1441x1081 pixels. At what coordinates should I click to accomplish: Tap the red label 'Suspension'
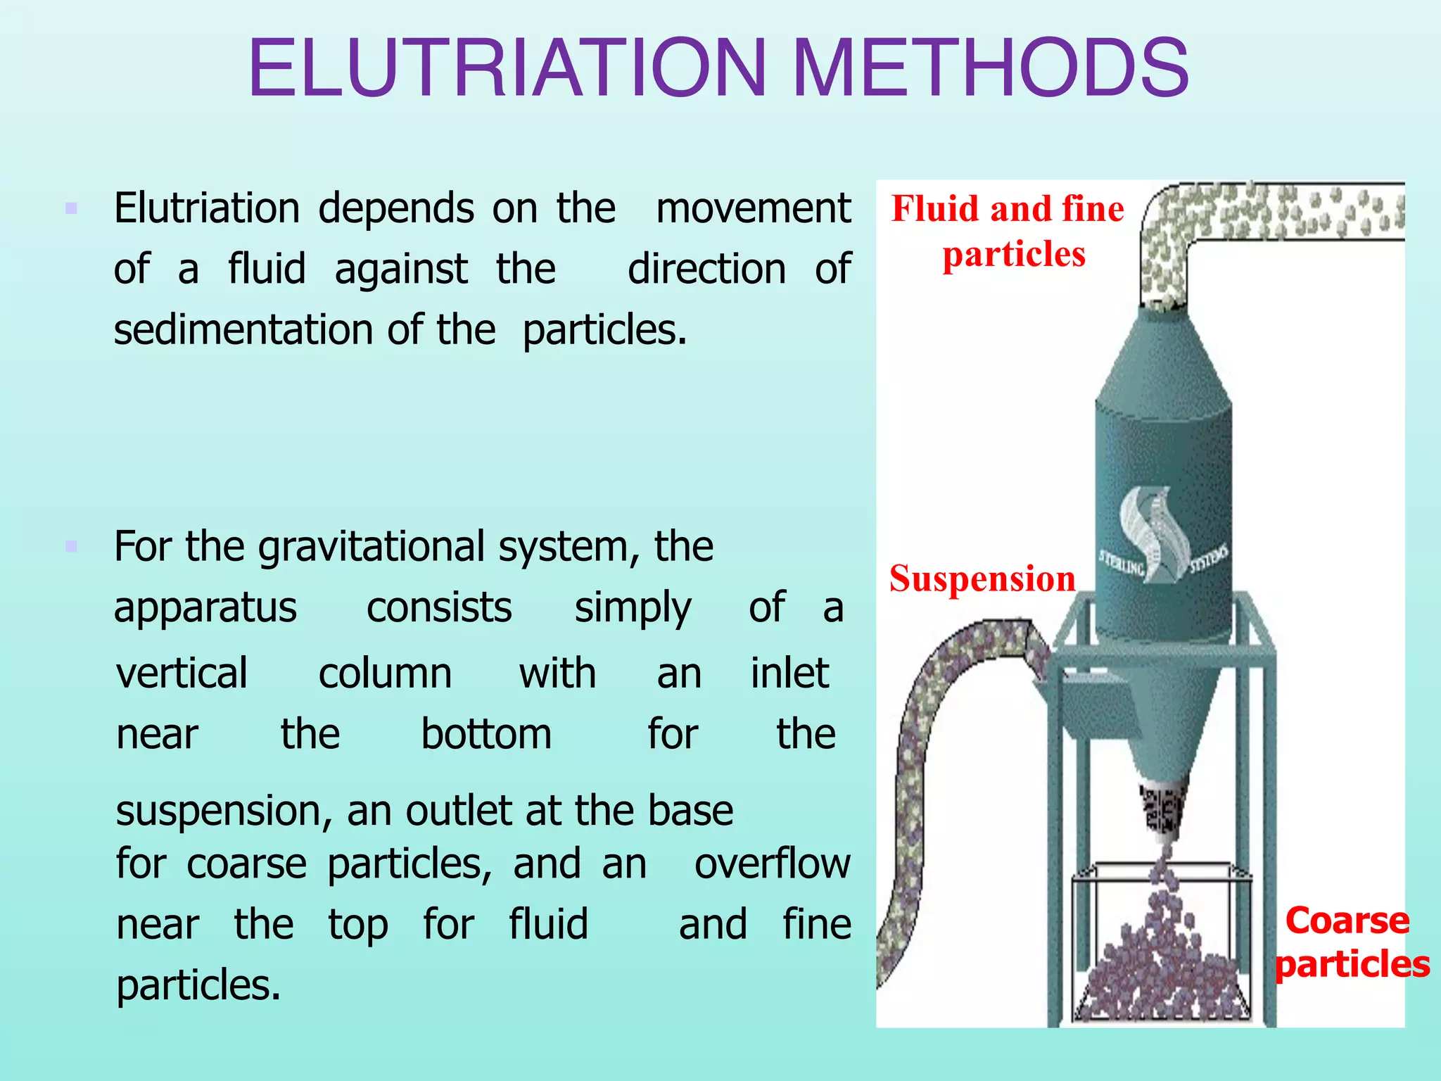pyautogui.click(x=982, y=579)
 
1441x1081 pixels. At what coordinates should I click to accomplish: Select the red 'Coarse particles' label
pyautogui.click(x=1351, y=942)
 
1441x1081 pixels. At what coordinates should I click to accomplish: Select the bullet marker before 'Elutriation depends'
pyautogui.click(x=71, y=208)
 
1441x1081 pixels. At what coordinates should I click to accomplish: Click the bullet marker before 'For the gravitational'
pyautogui.click(x=71, y=546)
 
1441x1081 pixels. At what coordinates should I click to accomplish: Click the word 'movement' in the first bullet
pyautogui.click(x=753, y=208)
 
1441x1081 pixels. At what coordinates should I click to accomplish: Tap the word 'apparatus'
pyautogui.click(x=205, y=608)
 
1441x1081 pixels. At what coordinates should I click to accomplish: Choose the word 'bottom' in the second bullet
pyautogui.click(x=486, y=734)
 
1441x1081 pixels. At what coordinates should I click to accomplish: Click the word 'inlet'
pyautogui.click(x=789, y=673)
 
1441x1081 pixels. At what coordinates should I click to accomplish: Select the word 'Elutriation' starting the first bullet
pyautogui.click(x=207, y=208)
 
